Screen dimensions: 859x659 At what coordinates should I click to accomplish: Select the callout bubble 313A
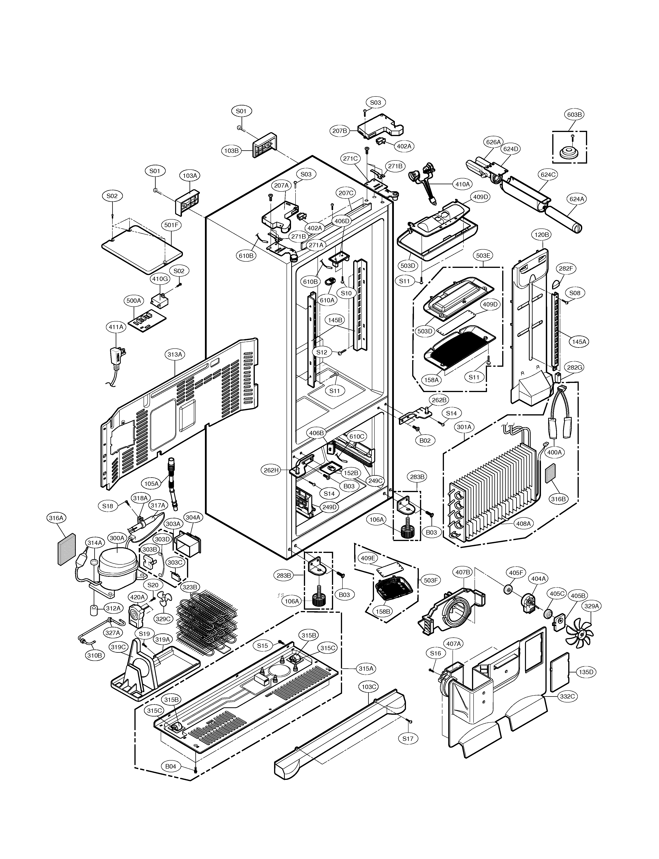[x=175, y=354]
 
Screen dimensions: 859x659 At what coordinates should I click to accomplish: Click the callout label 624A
[x=577, y=199]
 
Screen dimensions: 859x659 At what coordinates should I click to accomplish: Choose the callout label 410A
[x=462, y=184]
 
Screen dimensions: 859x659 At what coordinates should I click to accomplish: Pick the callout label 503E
[x=483, y=256]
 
